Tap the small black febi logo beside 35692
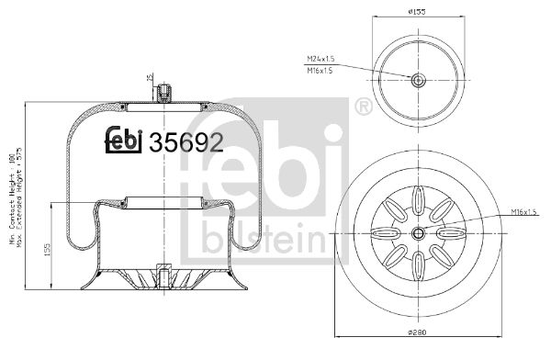coord(124,140)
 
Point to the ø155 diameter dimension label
coord(418,12)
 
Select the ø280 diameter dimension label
coord(417,350)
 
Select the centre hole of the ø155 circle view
coord(418,80)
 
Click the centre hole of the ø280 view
coord(418,232)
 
